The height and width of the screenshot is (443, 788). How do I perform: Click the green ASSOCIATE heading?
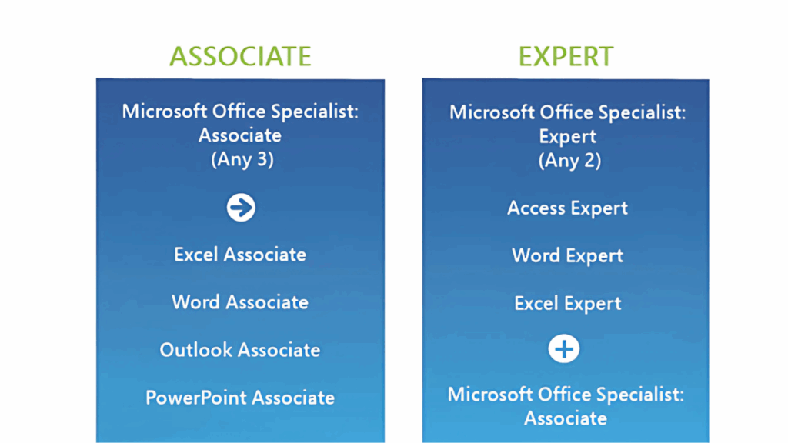(240, 56)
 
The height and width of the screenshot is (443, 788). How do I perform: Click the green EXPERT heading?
(566, 56)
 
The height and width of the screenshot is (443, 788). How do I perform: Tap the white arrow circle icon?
(241, 208)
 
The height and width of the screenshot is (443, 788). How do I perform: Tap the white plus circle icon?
(563, 349)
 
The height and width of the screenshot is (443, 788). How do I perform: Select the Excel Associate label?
(240, 255)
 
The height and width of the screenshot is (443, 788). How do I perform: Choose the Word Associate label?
(240, 302)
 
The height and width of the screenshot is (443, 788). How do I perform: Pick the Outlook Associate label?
(240, 350)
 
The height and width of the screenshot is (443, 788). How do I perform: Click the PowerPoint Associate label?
(240, 398)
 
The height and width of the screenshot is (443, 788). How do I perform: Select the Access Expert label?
(567, 208)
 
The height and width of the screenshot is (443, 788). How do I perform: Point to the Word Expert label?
(567, 256)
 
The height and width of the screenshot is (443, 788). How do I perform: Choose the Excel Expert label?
(567, 304)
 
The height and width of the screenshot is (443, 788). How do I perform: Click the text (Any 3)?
(240, 160)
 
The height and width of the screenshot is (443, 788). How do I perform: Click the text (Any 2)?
(567, 161)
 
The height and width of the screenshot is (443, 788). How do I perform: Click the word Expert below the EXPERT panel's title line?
(567, 137)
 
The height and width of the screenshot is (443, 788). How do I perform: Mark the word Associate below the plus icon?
(566, 418)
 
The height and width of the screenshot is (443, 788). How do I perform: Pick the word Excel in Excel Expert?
(536, 304)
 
